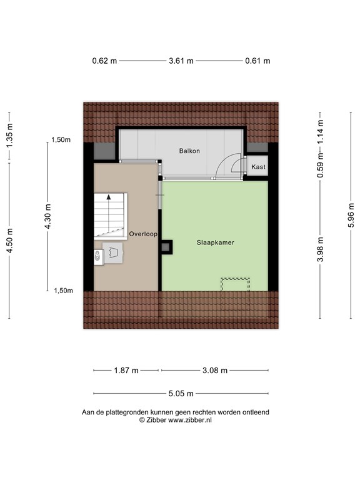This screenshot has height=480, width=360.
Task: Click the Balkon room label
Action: tap(189, 151)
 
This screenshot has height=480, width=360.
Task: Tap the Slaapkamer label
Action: tap(216, 242)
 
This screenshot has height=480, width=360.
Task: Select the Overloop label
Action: tap(143, 234)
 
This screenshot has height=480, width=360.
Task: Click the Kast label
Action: tap(258, 167)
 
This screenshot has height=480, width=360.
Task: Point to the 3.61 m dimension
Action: tap(181, 61)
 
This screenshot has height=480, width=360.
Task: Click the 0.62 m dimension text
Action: tap(104, 61)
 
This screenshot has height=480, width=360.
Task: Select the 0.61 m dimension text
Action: tap(257, 61)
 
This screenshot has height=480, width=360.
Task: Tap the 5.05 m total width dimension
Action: tap(181, 393)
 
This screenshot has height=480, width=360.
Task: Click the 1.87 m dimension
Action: tap(126, 371)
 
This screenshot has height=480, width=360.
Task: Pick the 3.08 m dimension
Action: tap(215, 371)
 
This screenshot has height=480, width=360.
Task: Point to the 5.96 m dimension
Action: tap(351, 215)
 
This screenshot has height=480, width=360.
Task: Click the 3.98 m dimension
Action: tap(320, 249)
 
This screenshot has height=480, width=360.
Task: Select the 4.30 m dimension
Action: tap(47, 216)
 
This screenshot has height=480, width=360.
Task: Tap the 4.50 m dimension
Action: tap(9, 241)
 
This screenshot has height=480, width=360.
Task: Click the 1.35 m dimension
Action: tap(9, 135)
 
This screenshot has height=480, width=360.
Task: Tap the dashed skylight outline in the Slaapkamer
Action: tap(236, 279)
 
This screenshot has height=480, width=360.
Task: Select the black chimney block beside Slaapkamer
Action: tap(166, 247)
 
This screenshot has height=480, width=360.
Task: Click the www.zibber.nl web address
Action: tap(190, 420)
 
